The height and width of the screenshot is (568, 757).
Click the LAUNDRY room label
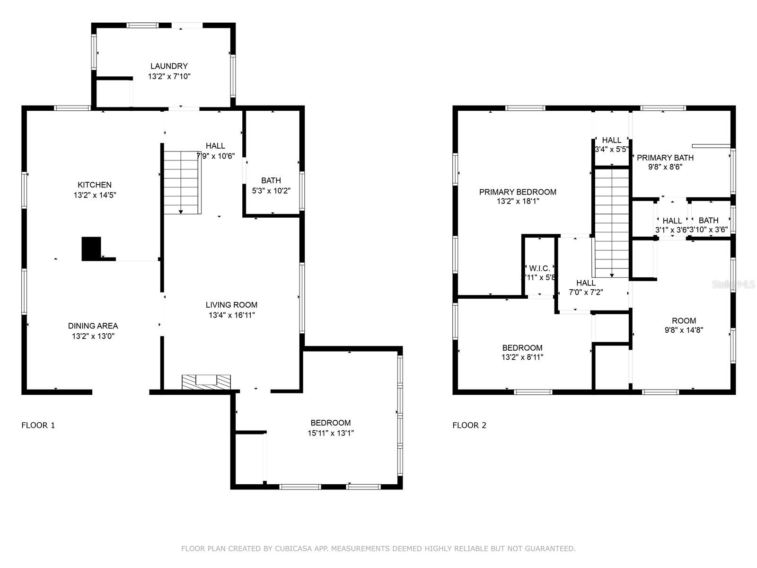[169, 66]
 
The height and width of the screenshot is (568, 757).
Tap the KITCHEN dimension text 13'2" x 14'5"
[95, 195]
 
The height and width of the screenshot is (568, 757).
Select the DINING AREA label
[93, 326]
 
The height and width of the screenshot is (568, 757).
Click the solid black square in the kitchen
[91, 248]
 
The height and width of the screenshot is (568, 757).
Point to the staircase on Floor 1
[182, 182]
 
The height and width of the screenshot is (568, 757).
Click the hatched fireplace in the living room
[206, 382]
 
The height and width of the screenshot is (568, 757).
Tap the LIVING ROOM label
[231, 305]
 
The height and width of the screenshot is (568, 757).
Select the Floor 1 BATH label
[271, 180]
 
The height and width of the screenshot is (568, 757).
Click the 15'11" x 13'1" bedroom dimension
[331, 433]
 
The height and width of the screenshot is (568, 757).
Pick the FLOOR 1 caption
[38, 425]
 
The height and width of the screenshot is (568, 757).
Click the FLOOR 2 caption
[469, 425]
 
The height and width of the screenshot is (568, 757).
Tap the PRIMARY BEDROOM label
[518, 192]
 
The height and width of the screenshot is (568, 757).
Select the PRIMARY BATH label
[665, 158]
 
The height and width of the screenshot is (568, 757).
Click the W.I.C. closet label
[539, 268]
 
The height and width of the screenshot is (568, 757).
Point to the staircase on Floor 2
[612, 222]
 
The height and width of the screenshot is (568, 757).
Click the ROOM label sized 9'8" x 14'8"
[684, 320]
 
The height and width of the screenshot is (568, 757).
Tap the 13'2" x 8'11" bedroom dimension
[522, 357]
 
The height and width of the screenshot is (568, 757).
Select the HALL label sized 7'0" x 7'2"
[586, 283]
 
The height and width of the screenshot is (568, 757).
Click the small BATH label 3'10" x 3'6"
[708, 220]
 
